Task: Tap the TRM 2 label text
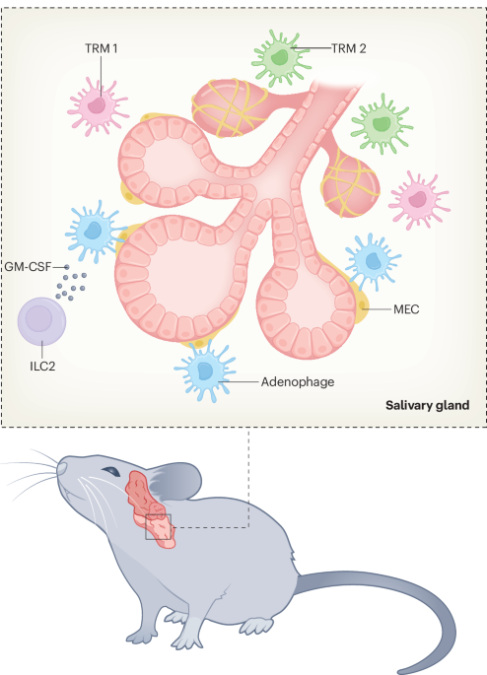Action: [x=348, y=47]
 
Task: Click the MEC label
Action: [x=406, y=309]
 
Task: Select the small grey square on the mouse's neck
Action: [x=158, y=526]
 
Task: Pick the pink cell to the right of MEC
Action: [x=419, y=197]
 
